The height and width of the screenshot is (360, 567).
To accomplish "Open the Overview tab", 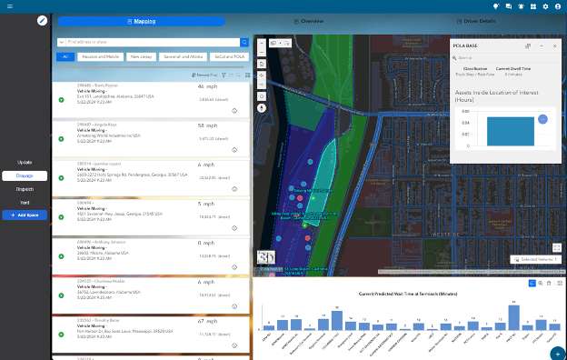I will pos(310,20).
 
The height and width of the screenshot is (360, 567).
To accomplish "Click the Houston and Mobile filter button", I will pos(101,56).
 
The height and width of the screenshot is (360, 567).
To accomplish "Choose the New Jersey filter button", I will pos(141,56).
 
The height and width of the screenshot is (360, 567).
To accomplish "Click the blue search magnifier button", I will pos(244,42).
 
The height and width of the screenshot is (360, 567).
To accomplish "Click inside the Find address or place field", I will pos(150,42).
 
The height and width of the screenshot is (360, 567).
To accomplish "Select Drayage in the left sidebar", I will pos(25,175).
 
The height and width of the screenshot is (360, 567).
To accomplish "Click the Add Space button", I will pos(25,215).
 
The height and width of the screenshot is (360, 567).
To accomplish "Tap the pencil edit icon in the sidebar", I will pos(42,20).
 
